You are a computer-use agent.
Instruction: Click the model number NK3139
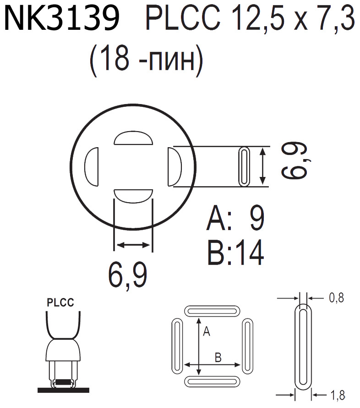click(62, 20)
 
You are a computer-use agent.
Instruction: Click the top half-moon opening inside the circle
click(133, 138)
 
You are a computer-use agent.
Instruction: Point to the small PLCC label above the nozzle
click(60, 303)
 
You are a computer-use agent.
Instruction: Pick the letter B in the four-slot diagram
click(218, 358)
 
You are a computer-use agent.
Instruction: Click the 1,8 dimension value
click(337, 394)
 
